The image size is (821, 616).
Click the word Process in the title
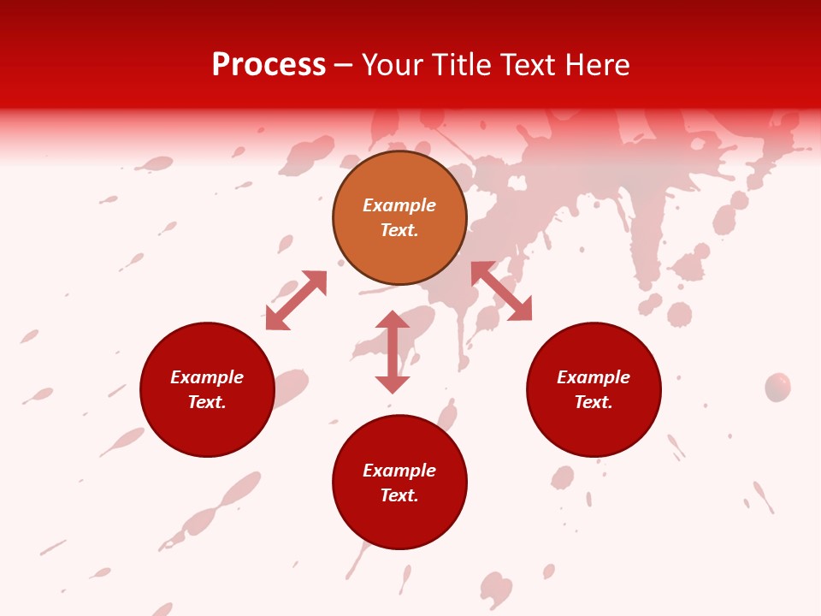tap(269, 65)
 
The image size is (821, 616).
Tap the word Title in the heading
tap(461, 65)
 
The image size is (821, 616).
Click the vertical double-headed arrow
tap(393, 352)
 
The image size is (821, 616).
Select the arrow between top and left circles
tap(296, 300)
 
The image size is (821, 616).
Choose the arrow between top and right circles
tap(501, 291)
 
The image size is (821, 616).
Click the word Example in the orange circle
tap(399, 205)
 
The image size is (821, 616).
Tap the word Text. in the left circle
tap(207, 402)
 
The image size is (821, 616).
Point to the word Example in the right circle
tap(594, 377)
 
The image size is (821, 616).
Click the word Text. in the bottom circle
tap(399, 495)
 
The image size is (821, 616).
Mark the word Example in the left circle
tap(207, 377)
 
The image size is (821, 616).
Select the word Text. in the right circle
tap(594, 402)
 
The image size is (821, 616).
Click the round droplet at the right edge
tap(777, 387)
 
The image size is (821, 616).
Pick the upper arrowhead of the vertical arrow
tap(393, 320)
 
